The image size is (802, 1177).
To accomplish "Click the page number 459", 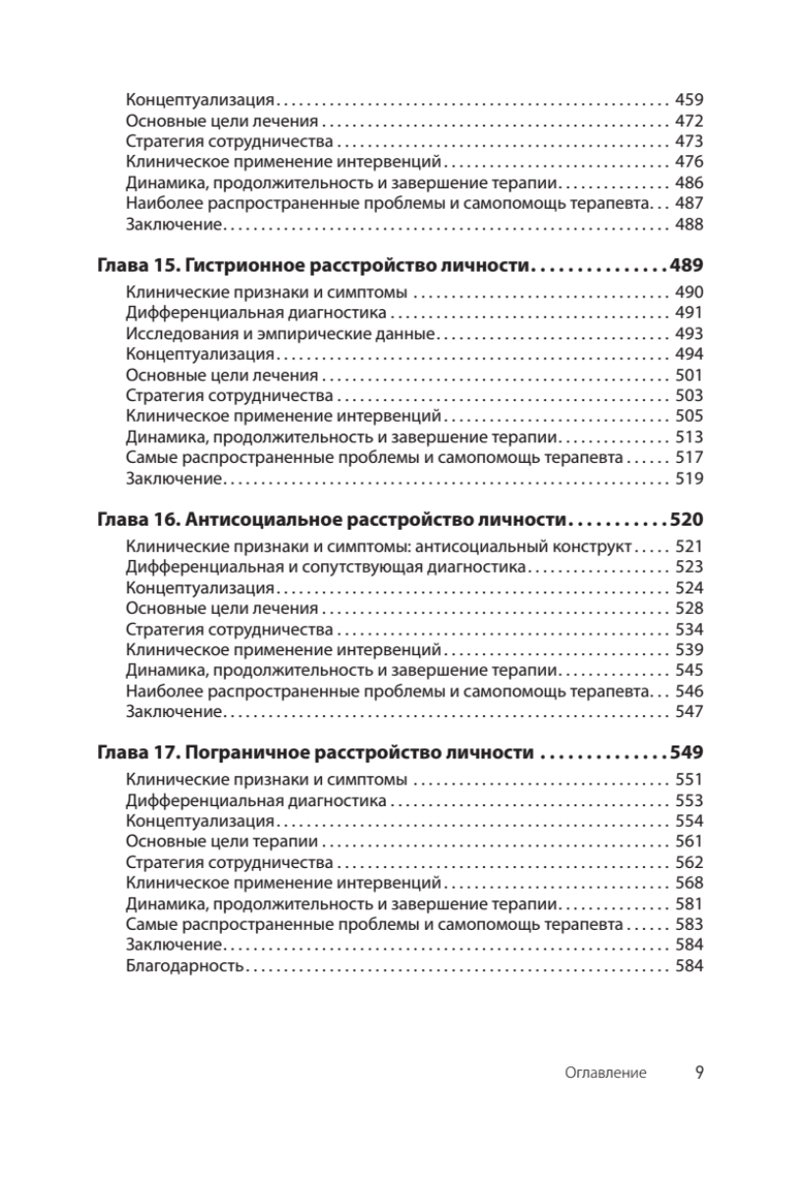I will pyautogui.click(x=690, y=100).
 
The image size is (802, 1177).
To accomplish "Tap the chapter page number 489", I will pyautogui.click(x=686, y=266).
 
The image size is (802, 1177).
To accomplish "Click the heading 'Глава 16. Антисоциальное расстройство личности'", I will pyautogui.click(x=333, y=519).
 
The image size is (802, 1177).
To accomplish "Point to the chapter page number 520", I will pyautogui.click(x=686, y=519).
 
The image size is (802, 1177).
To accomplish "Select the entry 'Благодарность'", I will pyautogui.click(x=185, y=966).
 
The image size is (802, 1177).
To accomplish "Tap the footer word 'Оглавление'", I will pyautogui.click(x=606, y=1073).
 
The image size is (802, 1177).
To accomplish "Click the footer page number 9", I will pyautogui.click(x=699, y=1072).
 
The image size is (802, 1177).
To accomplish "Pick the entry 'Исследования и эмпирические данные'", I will pyautogui.click(x=281, y=333).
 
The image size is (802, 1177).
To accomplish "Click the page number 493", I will pyautogui.click(x=690, y=333).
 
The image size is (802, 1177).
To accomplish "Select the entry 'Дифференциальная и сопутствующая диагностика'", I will pyautogui.click(x=328, y=567).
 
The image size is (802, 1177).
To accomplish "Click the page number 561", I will pyautogui.click(x=690, y=842).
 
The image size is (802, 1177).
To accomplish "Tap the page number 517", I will pyautogui.click(x=690, y=458).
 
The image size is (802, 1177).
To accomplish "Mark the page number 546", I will pyautogui.click(x=690, y=691).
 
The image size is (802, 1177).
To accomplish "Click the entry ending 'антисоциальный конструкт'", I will pyautogui.click(x=379, y=546).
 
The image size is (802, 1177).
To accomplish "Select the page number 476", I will pyautogui.click(x=690, y=162).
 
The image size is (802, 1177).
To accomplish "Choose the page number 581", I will pyautogui.click(x=690, y=903).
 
